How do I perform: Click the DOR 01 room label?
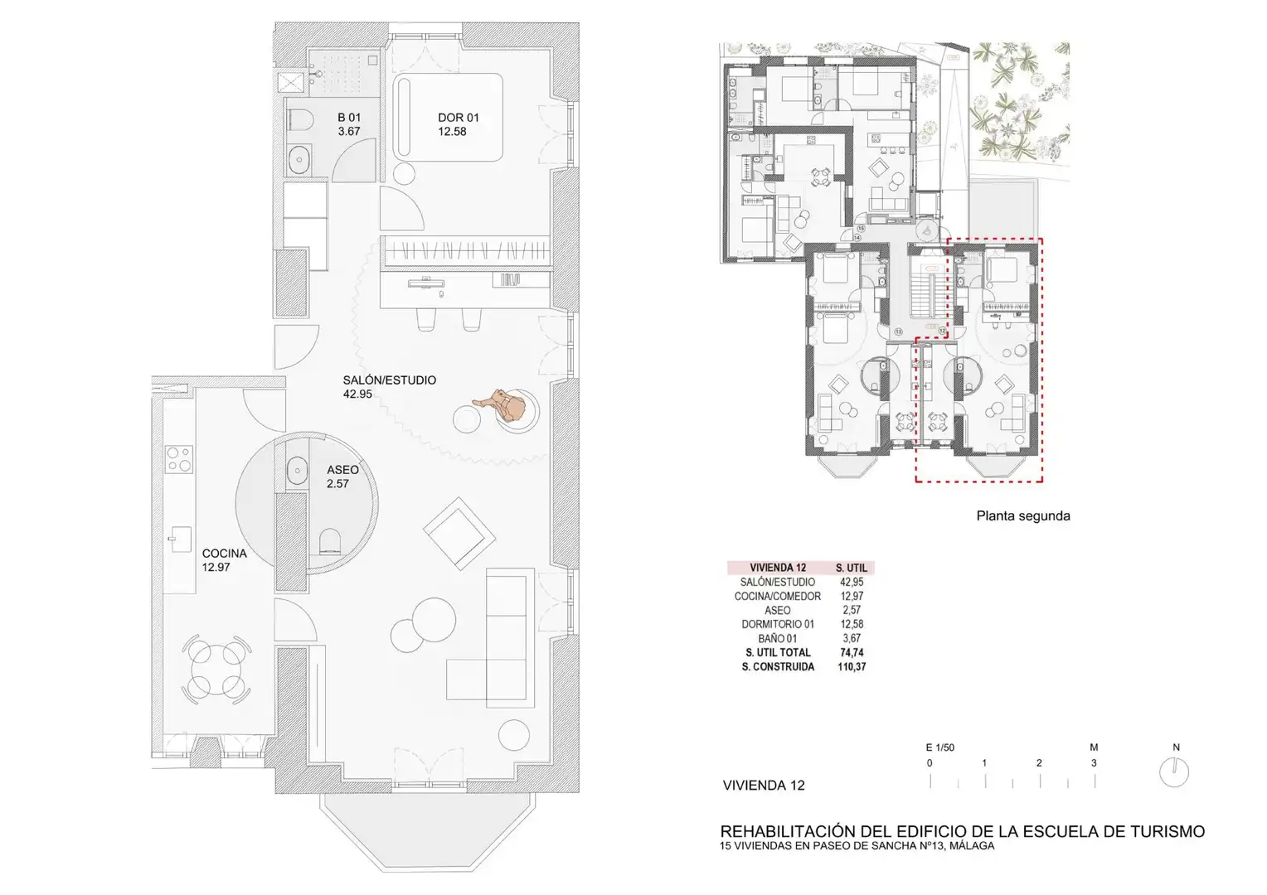459,118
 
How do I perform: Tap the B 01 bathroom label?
349,118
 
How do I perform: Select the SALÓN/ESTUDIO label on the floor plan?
389,380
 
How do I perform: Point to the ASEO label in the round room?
342,470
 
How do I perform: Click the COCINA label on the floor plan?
225,553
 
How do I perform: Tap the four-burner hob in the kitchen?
179,458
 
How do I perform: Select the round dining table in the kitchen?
216,669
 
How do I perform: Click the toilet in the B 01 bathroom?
300,120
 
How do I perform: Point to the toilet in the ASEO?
330,542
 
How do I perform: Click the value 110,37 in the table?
852,666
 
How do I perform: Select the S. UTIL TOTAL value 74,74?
852,652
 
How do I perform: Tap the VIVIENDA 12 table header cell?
778,568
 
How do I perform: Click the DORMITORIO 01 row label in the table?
778,624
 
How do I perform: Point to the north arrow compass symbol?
1174,772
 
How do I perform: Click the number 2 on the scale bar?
1039,763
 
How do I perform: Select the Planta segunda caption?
1023,515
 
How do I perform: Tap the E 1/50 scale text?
940,747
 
